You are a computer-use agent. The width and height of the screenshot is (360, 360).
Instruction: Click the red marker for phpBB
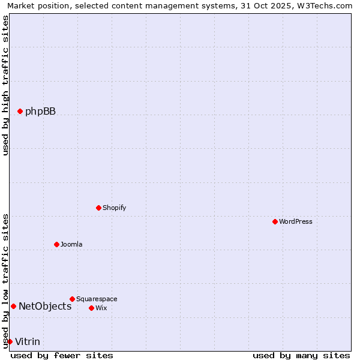pyautogui.click(x=20, y=111)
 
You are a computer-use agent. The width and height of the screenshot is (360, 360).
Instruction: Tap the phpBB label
pyautogui.click(x=40, y=111)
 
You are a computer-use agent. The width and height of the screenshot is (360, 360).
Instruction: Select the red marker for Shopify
pyautogui.click(x=98, y=208)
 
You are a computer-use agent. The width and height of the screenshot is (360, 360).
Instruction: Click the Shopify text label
pyautogui.click(x=114, y=208)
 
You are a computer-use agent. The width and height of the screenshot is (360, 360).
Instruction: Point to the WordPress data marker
pyautogui.click(x=275, y=221)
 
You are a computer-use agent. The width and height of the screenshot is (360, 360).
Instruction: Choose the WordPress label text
pyautogui.click(x=295, y=221)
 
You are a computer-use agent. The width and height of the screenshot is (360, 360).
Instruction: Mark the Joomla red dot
pyautogui.click(x=56, y=244)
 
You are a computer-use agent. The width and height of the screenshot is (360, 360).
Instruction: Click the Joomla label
pyautogui.click(x=71, y=244)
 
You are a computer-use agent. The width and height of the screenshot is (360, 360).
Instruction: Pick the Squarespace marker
pyautogui.click(x=72, y=299)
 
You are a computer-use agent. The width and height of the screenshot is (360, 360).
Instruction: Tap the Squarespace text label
pyautogui.click(x=97, y=299)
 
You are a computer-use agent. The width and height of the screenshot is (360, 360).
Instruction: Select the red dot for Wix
pyautogui.click(x=91, y=308)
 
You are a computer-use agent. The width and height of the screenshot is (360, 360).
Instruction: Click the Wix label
pyautogui.click(x=101, y=308)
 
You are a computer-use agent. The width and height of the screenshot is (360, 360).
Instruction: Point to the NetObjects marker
pyautogui.click(x=13, y=306)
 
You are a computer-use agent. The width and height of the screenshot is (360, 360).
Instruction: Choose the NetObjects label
pyautogui.click(x=45, y=306)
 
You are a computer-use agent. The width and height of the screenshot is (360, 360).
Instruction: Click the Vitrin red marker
pyautogui.click(x=10, y=341)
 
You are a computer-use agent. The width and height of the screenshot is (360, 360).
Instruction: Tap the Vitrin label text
pyautogui.click(x=28, y=342)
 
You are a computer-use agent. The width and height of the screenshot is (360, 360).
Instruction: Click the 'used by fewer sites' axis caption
pyautogui.click(x=62, y=355)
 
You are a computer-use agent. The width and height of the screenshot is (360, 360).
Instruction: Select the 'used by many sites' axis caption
pyautogui.click(x=301, y=355)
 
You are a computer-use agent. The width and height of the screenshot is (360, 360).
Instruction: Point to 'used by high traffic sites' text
pyautogui.click(x=5, y=85)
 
